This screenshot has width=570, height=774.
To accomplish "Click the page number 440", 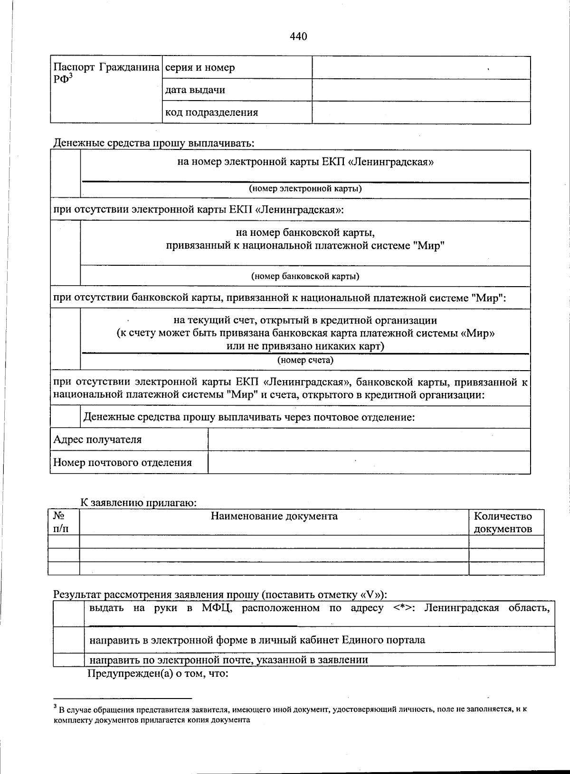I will click(x=298, y=36).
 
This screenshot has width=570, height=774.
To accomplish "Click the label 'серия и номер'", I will click(x=200, y=67).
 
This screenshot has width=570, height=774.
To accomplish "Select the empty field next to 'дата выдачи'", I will click(x=421, y=90).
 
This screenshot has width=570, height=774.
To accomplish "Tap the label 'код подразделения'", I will click(x=212, y=112).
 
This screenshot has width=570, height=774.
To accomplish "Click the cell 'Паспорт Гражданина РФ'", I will click(x=106, y=73).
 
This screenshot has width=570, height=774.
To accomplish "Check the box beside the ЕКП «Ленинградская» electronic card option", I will click(x=66, y=174).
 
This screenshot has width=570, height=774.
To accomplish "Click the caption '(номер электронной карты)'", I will click(x=305, y=188).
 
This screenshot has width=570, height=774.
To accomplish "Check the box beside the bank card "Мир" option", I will click(x=66, y=253).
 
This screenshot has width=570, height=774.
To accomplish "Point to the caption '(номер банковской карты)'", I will click(x=305, y=276).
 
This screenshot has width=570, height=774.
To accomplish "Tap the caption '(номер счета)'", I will click(x=305, y=360).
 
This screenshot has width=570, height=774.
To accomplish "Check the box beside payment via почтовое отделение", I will click(x=65, y=417).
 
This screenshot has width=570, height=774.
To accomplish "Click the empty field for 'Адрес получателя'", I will click(x=369, y=439).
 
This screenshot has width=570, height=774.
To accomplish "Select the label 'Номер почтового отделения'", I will click(x=123, y=462).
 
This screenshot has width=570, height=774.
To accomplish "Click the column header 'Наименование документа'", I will click(x=274, y=516).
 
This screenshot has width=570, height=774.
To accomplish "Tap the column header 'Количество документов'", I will click(x=503, y=522).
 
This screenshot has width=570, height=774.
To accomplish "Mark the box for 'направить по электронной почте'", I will click(x=68, y=660).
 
